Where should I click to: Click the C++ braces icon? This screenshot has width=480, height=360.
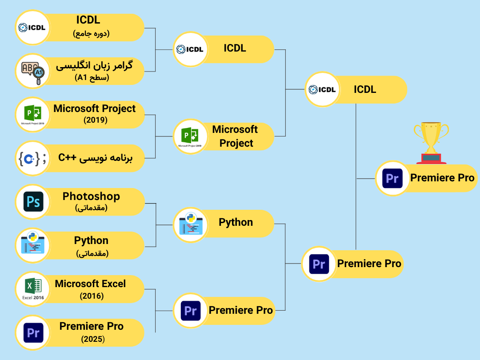(x=32, y=158)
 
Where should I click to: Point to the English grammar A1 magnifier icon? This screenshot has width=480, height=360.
(x=32, y=71)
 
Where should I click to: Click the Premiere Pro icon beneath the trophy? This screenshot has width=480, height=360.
(x=392, y=179)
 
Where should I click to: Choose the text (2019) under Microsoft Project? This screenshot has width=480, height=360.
(x=96, y=120)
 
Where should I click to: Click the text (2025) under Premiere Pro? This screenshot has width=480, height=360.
(x=93, y=339)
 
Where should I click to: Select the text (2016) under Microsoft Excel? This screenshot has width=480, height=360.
(x=92, y=296)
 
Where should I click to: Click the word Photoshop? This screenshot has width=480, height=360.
(x=91, y=196)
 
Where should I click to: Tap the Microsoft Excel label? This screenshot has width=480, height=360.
(x=90, y=284)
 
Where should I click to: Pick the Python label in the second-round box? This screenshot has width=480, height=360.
(x=236, y=222)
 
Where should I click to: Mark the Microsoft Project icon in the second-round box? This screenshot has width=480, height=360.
(x=190, y=136)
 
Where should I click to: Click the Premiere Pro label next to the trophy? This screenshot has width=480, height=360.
(x=442, y=178)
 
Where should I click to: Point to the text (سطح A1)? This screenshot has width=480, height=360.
(x=92, y=78)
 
